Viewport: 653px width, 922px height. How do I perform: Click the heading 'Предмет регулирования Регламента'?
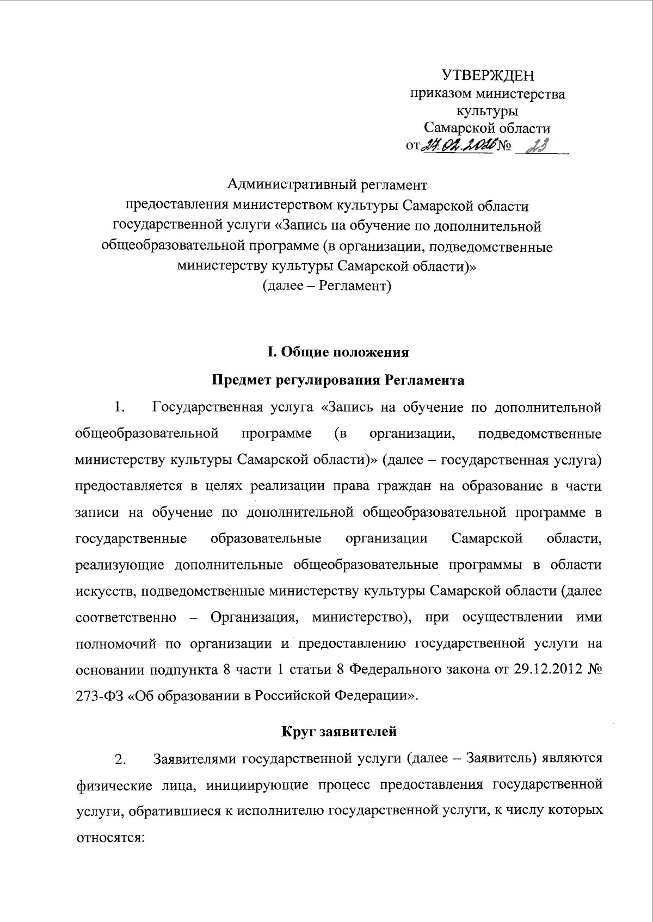click(337, 380)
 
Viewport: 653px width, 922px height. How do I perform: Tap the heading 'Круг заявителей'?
click(338, 731)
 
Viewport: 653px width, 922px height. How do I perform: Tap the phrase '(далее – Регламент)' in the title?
click(327, 285)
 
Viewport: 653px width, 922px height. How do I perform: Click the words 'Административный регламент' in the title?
click(327, 185)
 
